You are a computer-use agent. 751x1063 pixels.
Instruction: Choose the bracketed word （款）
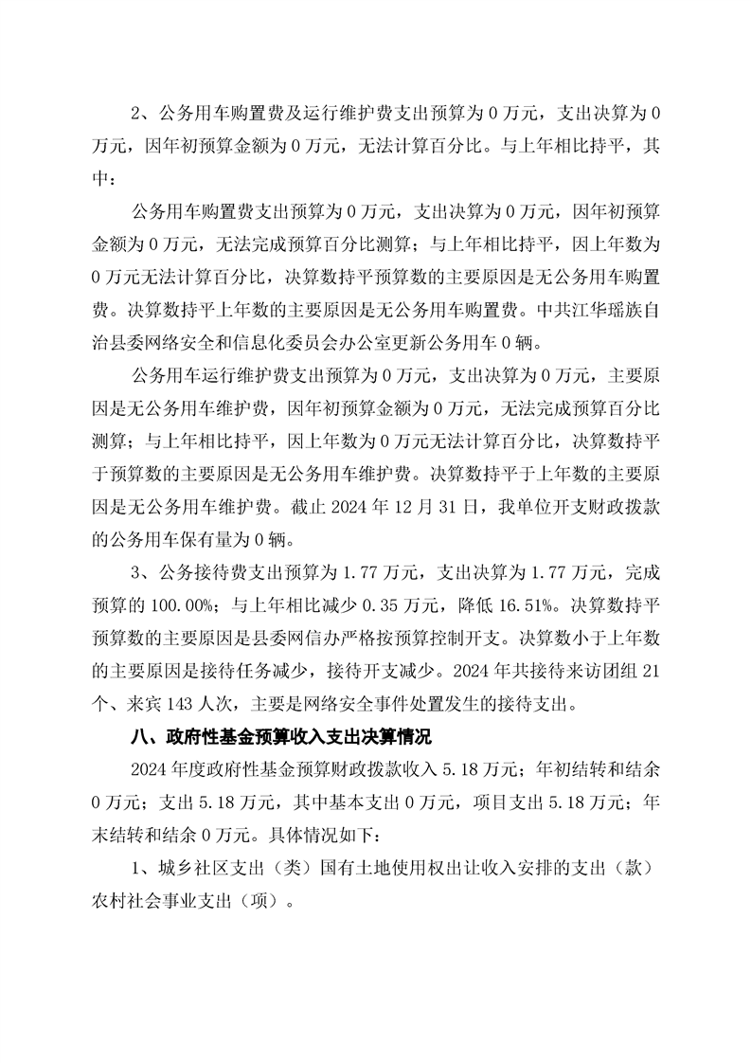[625, 868]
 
